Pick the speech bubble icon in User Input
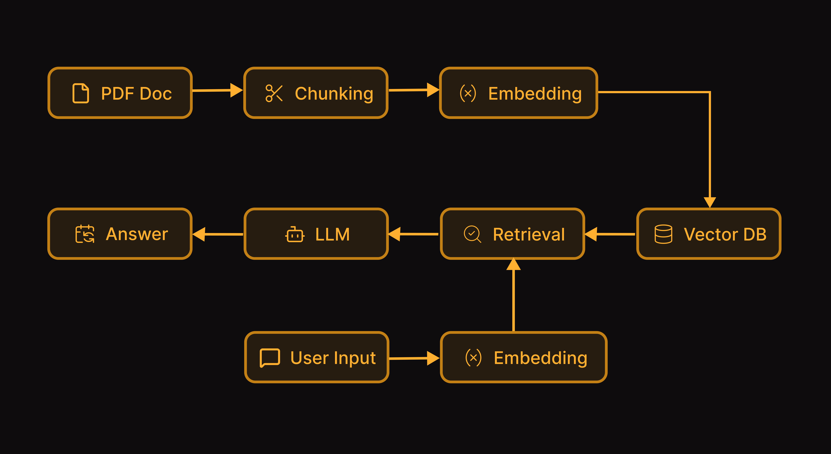pyautogui.click(x=270, y=358)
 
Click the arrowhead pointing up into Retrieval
pyautogui.click(x=513, y=264)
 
